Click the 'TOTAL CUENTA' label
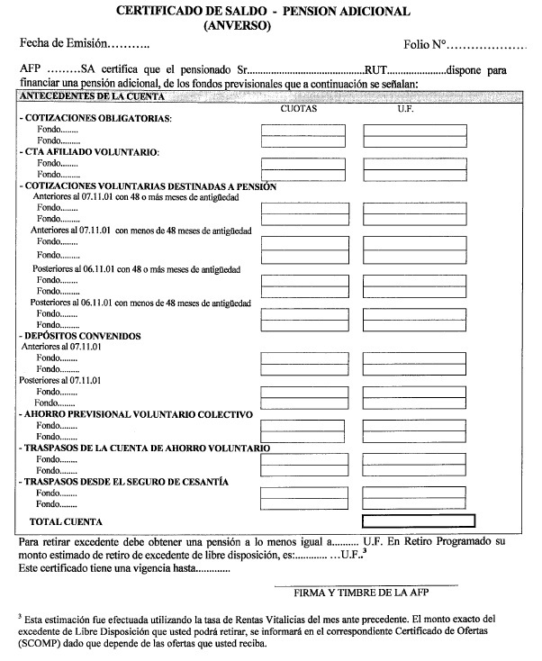point(67,521)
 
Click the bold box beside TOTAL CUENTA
point(419,521)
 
